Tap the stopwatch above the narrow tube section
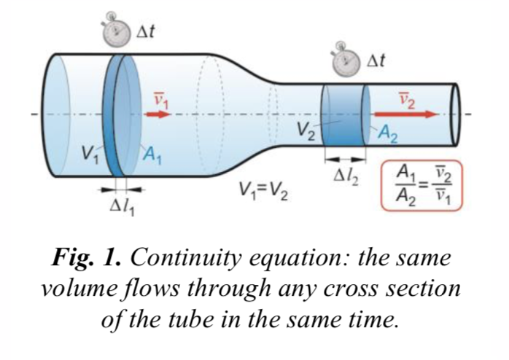click(343, 60)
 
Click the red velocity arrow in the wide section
click(156, 114)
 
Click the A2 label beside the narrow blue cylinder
click(388, 133)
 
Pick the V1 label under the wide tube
click(90, 153)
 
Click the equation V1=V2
click(263, 192)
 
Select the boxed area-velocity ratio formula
click(423, 185)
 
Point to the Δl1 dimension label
click(121, 206)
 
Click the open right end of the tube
click(456, 114)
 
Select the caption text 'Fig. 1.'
click(86, 259)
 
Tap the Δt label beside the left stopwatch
click(149, 33)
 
